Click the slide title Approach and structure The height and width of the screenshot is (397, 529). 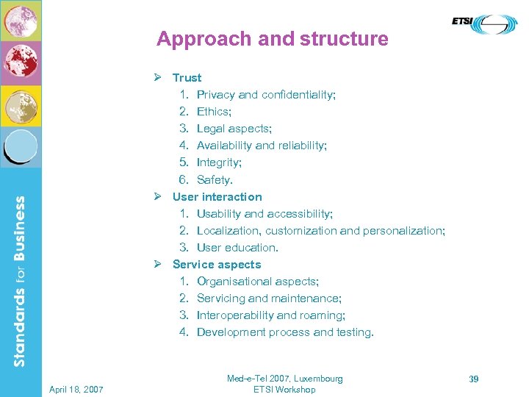(x=272, y=39)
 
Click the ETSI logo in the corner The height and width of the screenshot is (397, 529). (x=484, y=24)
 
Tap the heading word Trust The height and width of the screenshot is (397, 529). (x=187, y=78)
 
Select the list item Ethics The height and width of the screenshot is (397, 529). (x=214, y=112)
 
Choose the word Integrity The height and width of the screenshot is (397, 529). (x=219, y=162)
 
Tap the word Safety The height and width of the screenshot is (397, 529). (x=215, y=179)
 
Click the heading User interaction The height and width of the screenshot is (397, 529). (x=217, y=197)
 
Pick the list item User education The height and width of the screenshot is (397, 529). (x=237, y=248)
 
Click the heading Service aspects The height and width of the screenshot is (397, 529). (x=217, y=265)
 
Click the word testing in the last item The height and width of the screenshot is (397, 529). (x=355, y=332)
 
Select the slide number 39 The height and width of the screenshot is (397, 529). (x=474, y=379)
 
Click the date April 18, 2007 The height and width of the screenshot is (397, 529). (x=76, y=389)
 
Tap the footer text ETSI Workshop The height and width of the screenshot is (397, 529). (x=284, y=390)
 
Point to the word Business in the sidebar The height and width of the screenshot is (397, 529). (x=20, y=235)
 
